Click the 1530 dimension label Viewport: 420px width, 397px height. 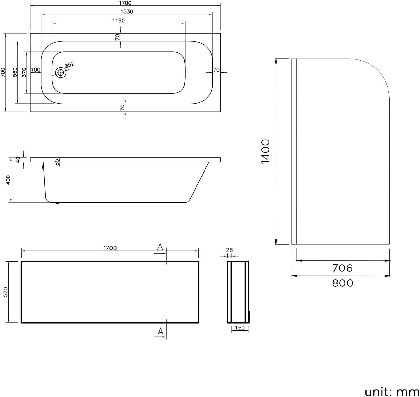tap(127, 12)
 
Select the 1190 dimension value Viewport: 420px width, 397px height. tap(118, 21)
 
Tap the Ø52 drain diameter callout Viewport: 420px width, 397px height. tap(69, 65)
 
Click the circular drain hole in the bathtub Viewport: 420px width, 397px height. tap(61, 73)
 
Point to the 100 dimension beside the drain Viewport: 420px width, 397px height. tap(36, 70)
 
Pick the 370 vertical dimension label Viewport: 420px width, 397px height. tap(24, 72)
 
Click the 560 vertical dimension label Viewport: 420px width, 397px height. tap(15, 72)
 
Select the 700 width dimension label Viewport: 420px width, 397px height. tap(3, 72)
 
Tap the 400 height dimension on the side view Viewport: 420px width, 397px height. tap(8, 180)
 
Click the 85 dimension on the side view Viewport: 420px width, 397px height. tap(56, 162)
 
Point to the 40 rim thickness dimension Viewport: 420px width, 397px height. tap(18, 159)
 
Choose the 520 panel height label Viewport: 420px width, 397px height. tap(5, 292)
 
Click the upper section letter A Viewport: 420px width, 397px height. tap(160, 247)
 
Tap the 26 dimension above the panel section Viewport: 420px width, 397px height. tap(229, 250)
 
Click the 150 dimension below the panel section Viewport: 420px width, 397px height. tap(240, 328)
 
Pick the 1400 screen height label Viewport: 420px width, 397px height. tap(266, 151)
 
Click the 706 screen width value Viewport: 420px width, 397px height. tap(342, 268)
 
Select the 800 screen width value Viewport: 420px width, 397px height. tap(343, 284)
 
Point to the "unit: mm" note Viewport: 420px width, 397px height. tap(392, 392)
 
